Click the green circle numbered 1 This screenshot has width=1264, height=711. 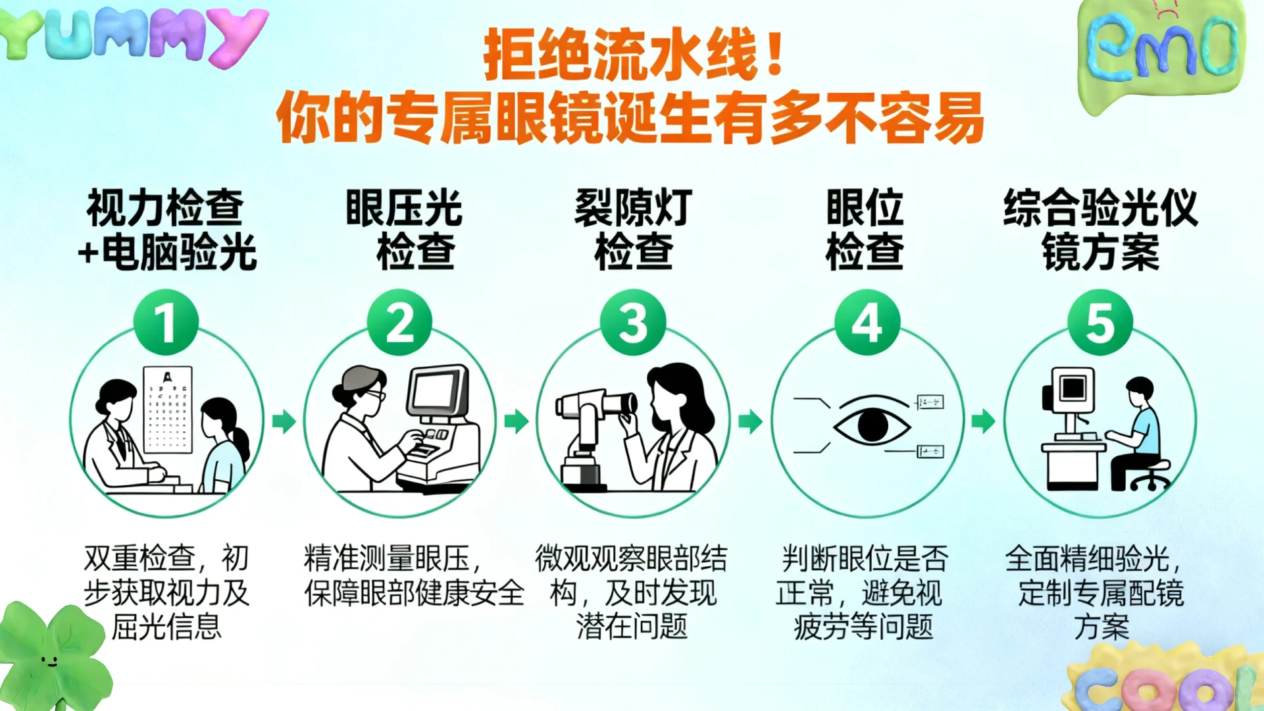click(166, 323)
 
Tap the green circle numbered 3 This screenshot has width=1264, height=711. click(633, 323)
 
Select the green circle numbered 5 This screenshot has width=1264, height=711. click(1100, 323)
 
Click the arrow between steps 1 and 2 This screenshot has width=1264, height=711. click(284, 421)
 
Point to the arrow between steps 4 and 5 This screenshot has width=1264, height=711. click(983, 421)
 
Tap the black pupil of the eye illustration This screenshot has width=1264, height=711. click(872, 425)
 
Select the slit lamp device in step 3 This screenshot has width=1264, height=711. click(589, 434)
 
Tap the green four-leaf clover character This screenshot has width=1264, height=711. click(49, 655)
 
